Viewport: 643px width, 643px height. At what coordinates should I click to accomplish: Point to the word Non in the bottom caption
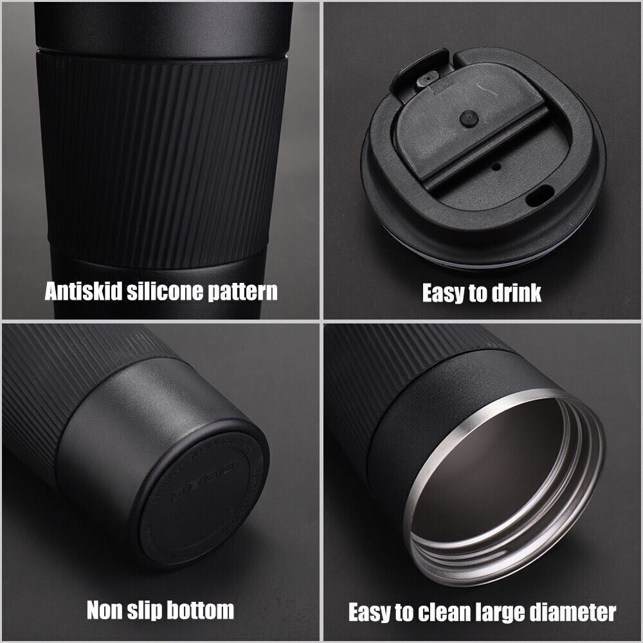104,610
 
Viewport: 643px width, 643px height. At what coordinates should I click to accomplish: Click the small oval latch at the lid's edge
422,79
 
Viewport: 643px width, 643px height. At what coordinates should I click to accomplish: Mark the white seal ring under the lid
476,256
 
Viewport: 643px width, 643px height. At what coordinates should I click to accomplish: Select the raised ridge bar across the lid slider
489,138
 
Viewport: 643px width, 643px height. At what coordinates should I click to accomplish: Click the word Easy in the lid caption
445,293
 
